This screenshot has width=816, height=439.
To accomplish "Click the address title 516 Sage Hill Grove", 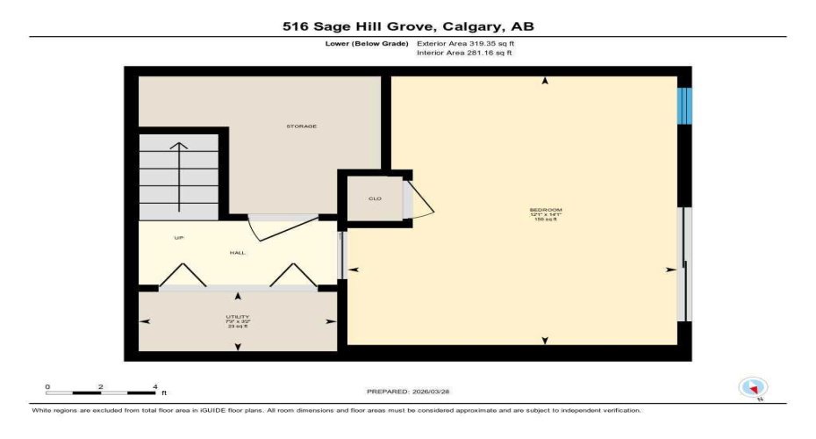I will click(407, 26).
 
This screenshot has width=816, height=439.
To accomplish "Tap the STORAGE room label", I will click(301, 126).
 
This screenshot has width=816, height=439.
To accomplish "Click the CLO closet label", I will click(375, 198).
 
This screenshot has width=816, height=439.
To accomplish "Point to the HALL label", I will click(237, 253).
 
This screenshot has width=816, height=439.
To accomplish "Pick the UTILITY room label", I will click(237, 318).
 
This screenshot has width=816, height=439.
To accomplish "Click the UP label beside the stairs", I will click(178, 237).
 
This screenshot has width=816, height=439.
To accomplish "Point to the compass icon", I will click(753, 387).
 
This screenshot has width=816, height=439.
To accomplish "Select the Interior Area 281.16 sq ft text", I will click(464, 53).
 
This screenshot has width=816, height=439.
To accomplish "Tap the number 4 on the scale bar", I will click(154, 386).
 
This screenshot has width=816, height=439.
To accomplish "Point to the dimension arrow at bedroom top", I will click(546, 82).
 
